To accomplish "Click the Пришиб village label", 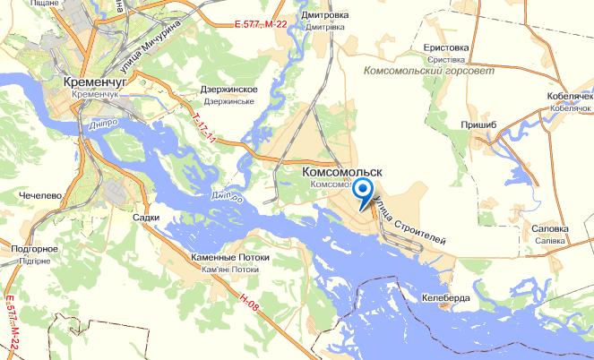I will tap(477, 127).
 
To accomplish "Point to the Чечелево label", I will tap(39, 194).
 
